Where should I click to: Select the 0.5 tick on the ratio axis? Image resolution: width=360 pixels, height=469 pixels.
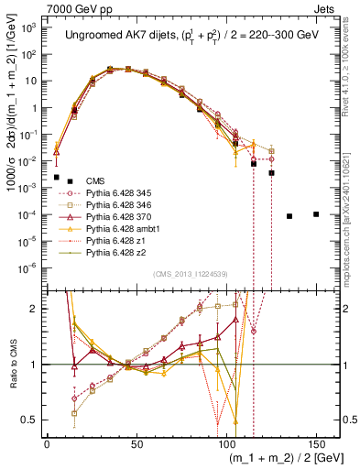tap(32, 420)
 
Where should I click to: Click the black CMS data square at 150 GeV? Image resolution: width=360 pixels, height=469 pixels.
tap(315, 214)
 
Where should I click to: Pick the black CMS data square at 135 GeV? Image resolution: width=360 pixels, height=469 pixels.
tap(289, 216)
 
